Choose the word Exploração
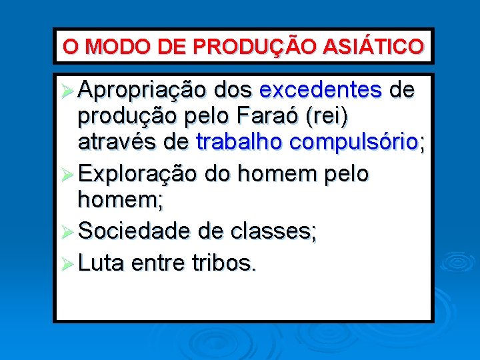tap(137, 174)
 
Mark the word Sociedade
tap(134, 231)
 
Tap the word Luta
tap(101, 263)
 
